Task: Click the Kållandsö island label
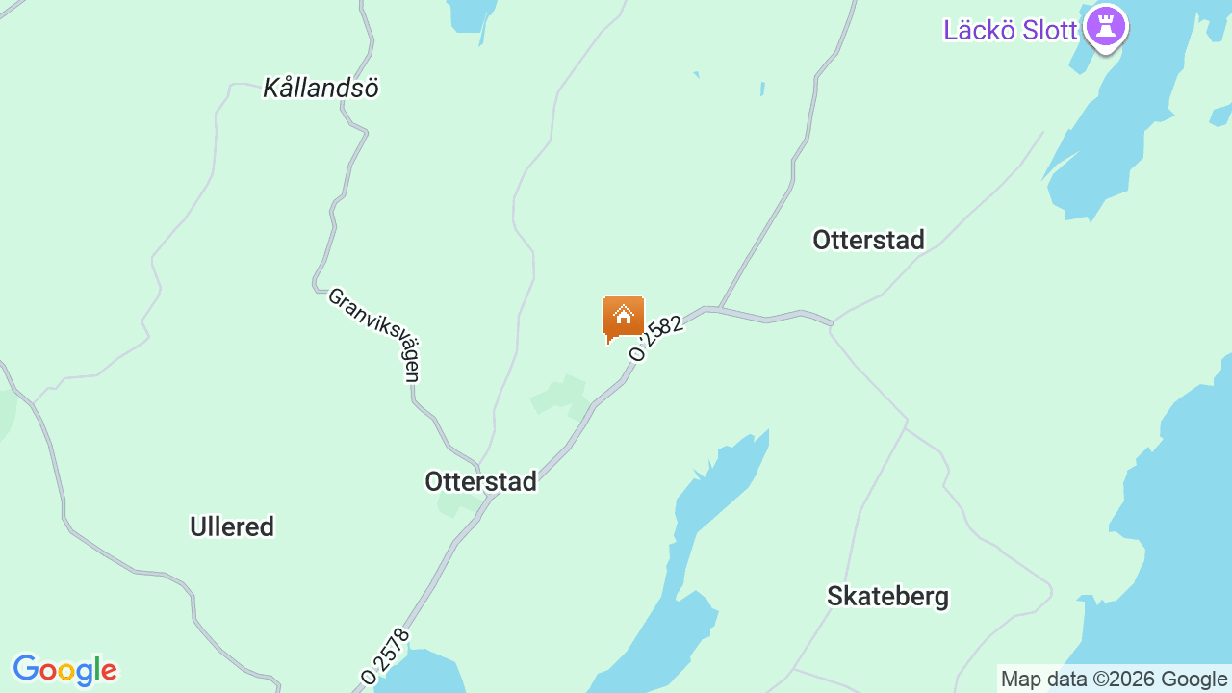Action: [321, 88]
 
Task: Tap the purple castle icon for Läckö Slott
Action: [1105, 27]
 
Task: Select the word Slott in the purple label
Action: [1049, 30]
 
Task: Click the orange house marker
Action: [623, 318]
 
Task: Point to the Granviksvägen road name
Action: [374, 334]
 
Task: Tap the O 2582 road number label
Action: [656, 337]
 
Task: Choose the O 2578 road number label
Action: [386, 656]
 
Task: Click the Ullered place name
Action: [232, 526]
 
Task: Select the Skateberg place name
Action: [887, 597]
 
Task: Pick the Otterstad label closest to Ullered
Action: [480, 481]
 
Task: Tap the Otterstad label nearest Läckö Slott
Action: [868, 240]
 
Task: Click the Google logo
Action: [64, 670]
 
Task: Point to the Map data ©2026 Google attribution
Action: [1114, 679]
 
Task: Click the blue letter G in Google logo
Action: [26, 669]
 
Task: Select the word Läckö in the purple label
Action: [979, 30]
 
